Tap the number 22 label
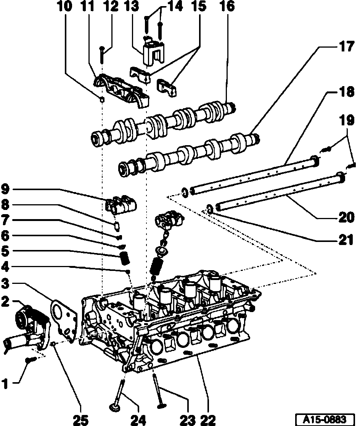208,419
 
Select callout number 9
5,189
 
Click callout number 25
81,419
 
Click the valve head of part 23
160,406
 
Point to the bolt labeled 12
102,55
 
